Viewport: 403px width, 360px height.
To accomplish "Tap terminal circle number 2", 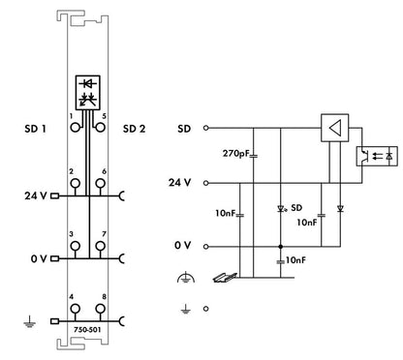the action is click(76, 183).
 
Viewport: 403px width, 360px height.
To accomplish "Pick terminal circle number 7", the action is click(101, 246).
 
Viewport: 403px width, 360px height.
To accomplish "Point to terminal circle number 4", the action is click(76, 309).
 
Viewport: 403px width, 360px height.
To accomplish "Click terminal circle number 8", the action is click(101, 309).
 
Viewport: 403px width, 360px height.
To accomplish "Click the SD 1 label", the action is click(35, 129).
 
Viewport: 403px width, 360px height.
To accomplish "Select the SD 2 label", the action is click(134, 129).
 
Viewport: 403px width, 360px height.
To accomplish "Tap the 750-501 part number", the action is click(87, 330).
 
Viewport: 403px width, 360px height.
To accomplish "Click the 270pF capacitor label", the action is click(236, 153).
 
